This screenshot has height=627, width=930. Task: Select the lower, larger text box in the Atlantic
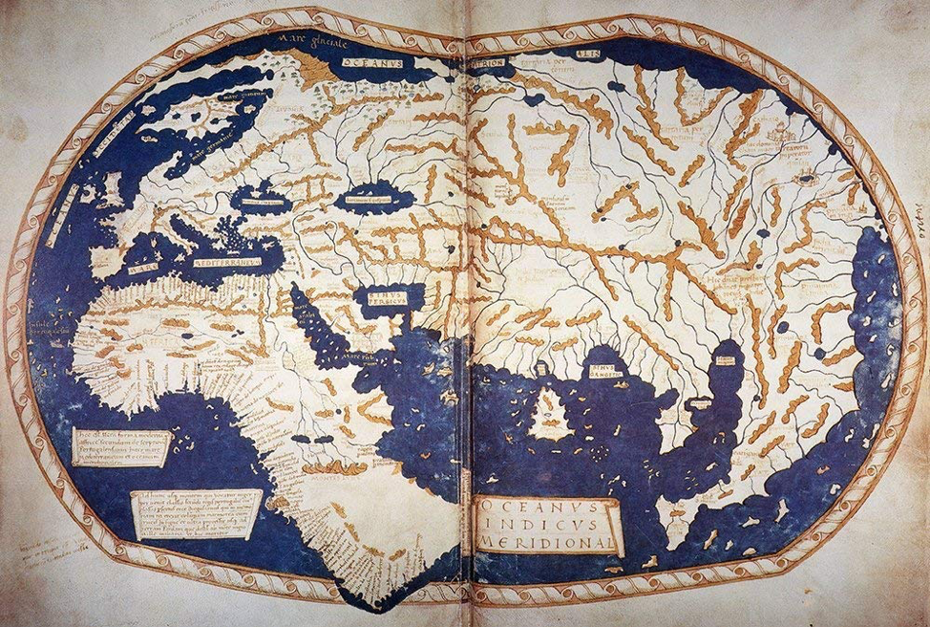[x=195, y=514]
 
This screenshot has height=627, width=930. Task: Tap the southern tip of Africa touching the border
[x=377, y=607]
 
